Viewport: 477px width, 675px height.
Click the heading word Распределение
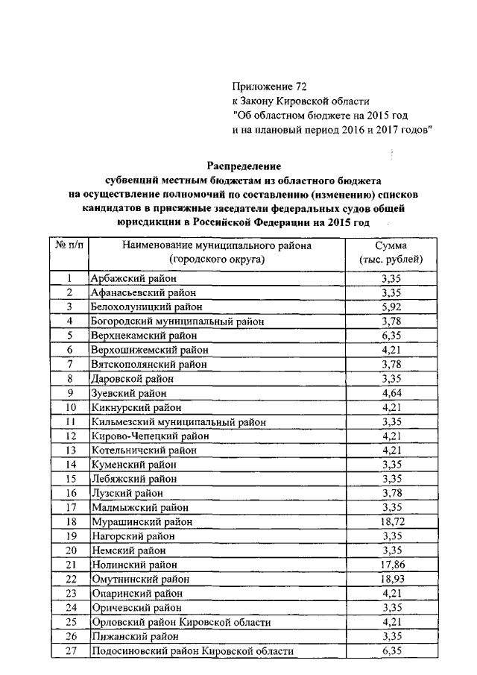(243, 166)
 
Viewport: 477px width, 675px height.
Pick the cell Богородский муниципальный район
(177, 321)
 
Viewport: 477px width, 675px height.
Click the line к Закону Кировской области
(300, 101)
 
